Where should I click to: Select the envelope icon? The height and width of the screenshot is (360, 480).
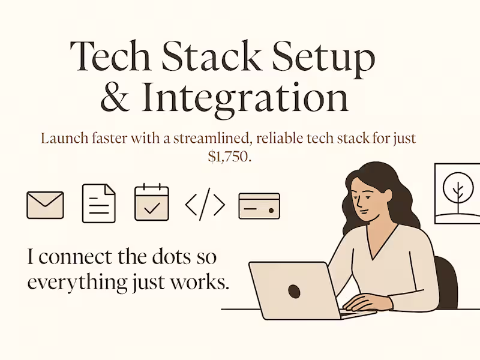45,205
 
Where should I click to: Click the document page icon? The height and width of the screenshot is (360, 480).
98,205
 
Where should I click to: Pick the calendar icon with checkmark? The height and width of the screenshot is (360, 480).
151,204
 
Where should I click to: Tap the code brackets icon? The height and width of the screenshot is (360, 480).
205,205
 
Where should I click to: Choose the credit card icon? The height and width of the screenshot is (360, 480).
259,205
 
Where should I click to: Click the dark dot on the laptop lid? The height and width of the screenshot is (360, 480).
295,292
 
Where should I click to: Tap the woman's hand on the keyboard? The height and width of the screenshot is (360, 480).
363,301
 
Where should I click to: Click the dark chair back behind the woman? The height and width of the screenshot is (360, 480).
447,281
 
